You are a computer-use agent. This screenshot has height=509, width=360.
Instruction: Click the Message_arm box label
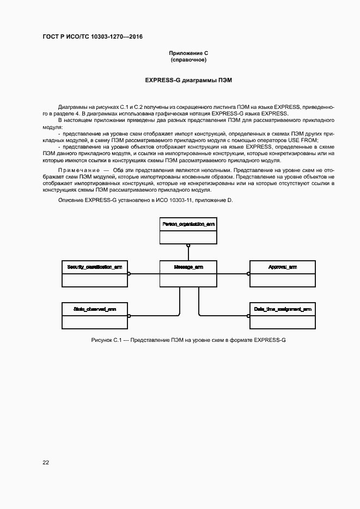tap(188, 267)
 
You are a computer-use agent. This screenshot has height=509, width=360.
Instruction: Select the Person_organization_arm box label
tap(188, 224)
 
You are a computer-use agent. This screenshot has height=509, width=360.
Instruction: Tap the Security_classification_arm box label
tap(95, 267)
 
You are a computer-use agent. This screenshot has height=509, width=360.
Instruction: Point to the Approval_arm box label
tap(282, 267)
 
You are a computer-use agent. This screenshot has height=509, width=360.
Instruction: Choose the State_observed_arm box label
tap(95, 309)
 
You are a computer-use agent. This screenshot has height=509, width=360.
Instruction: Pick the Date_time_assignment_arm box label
tap(282, 309)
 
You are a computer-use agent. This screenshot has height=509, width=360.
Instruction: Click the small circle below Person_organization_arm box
tap(188, 246)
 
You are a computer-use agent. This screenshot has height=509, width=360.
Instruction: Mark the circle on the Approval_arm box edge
tap(248, 274)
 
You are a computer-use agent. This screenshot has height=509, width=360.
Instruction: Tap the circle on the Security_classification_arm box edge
tap(129, 274)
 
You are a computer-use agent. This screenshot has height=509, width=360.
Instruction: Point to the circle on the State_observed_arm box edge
tap(129, 316)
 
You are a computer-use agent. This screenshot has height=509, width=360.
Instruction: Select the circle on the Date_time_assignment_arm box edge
tap(248, 316)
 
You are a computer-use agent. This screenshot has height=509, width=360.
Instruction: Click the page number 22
tap(46, 463)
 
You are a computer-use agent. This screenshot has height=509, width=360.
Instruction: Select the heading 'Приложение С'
tap(188, 53)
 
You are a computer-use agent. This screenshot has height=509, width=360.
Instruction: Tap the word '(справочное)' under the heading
tap(188, 60)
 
